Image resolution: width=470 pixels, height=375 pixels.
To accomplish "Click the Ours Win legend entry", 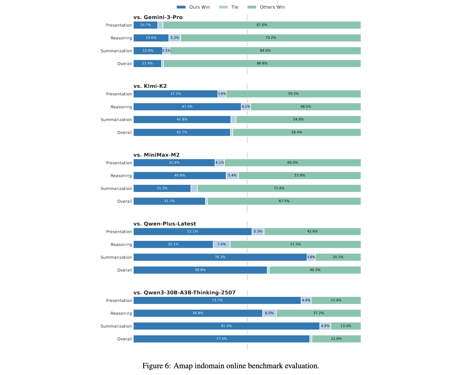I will (193, 7).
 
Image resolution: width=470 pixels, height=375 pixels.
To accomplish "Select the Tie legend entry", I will (230, 7).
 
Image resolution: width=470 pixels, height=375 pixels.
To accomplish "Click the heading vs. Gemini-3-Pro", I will (158, 18).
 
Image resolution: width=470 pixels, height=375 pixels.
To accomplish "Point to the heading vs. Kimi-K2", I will (150, 86).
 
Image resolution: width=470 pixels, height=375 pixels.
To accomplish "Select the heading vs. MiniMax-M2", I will (156, 155).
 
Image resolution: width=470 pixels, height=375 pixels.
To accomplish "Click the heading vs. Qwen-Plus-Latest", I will (164, 224).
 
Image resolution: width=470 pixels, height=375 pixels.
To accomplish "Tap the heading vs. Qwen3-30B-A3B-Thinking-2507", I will (184, 293).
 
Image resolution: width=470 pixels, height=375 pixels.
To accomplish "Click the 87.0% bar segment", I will (262, 25).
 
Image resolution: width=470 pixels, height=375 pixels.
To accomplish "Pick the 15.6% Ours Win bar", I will (151, 38).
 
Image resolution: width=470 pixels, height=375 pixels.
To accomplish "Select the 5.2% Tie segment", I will (175, 38).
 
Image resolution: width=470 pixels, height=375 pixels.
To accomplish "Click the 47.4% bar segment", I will (187, 107).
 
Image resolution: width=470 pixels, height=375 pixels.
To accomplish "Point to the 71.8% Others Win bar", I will (279, 188).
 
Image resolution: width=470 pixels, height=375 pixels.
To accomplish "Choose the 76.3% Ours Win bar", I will (220, 257).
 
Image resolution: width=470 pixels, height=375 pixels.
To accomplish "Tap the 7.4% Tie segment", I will (222, 244).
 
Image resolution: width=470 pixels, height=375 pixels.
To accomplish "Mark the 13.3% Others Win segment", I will (346, 326).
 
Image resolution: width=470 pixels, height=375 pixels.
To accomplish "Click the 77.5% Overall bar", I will (222, 339).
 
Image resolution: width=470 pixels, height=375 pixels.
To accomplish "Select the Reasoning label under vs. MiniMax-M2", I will (121, 176).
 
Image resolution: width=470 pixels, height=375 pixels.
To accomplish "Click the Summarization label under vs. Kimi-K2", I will (116, 120).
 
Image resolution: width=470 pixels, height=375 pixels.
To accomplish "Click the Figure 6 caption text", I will (231, 366).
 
